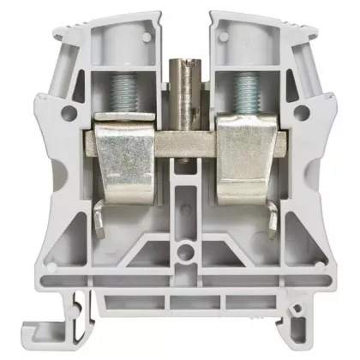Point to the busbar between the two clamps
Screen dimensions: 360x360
click(x=180, y=142)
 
